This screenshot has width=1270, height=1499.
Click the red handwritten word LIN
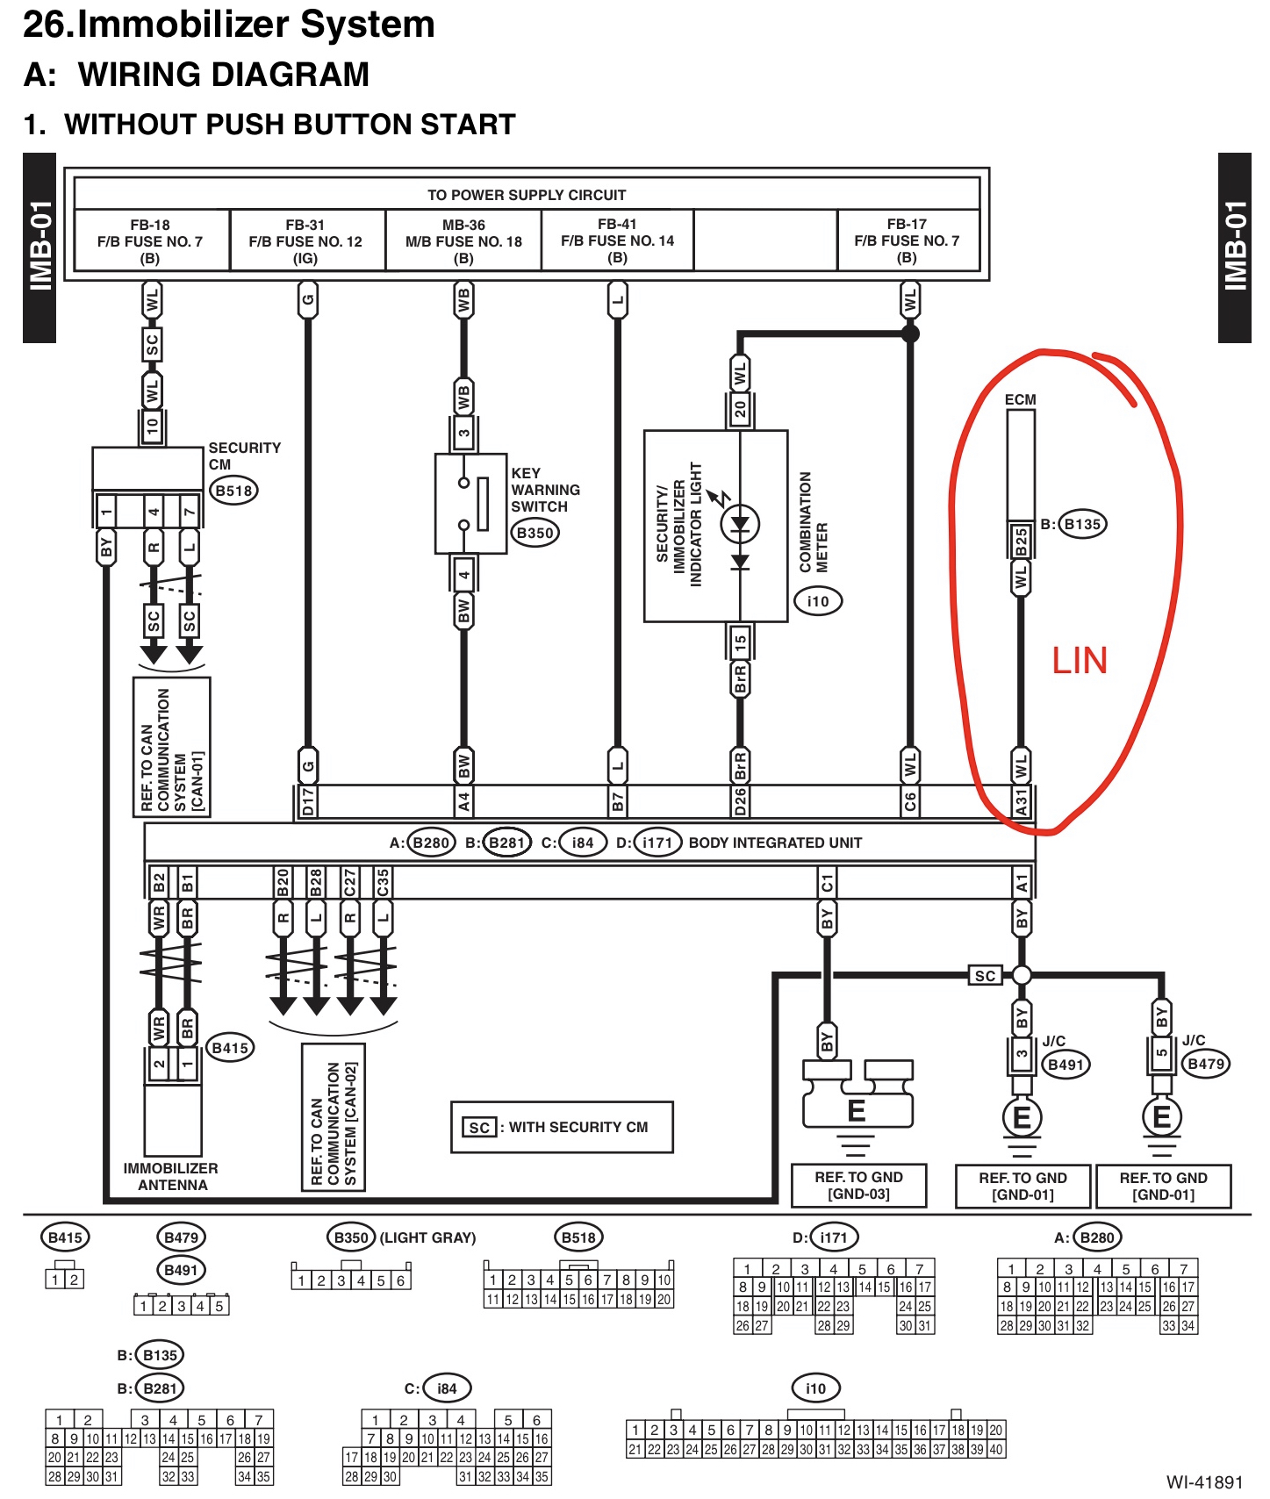coord(1080,661)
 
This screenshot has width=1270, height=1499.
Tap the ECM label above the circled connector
coord(1020,399)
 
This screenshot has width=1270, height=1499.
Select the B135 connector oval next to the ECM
coord(1082,524)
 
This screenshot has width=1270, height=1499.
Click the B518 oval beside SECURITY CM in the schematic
coord(234,491)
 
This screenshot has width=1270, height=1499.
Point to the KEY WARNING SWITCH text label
coord(545,490)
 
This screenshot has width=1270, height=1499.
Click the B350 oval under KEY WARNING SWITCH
coord(535,533)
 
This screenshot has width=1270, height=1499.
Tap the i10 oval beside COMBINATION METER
coord(818,601)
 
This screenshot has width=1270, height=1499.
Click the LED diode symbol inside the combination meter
coord(740,525)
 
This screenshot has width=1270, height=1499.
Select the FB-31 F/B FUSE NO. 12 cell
coord(305,241)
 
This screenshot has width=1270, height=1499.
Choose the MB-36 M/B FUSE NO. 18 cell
coord(463,241)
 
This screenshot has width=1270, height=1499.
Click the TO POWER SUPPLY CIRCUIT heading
coord(527,195)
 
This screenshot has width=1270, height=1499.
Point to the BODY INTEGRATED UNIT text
coord(775,843)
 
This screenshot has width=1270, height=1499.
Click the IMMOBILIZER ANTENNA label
coord(171,1177)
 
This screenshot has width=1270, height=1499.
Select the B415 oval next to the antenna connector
coord(230,1048)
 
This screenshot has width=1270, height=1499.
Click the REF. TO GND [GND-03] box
coord(858,1186)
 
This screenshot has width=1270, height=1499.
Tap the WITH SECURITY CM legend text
coord(578,1127)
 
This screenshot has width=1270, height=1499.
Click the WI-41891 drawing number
coord(1204,1482)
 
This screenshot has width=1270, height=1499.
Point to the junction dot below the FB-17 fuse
coord(910,334)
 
